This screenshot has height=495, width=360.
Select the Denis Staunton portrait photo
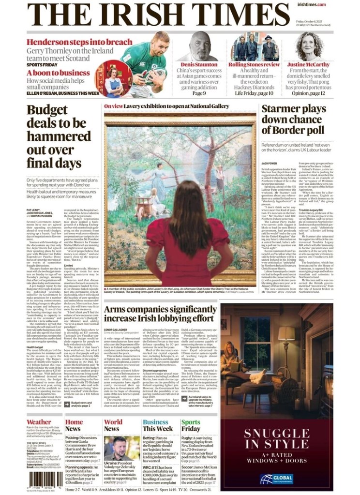coord(204,46)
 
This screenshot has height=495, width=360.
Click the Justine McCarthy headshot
coord(308,45)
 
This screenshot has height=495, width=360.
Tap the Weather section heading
coord(39,422)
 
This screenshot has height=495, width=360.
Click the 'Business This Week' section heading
coord(158,425)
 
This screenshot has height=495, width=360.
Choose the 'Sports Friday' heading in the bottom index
coord(191,425)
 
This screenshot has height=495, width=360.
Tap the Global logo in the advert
coord(276,479)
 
